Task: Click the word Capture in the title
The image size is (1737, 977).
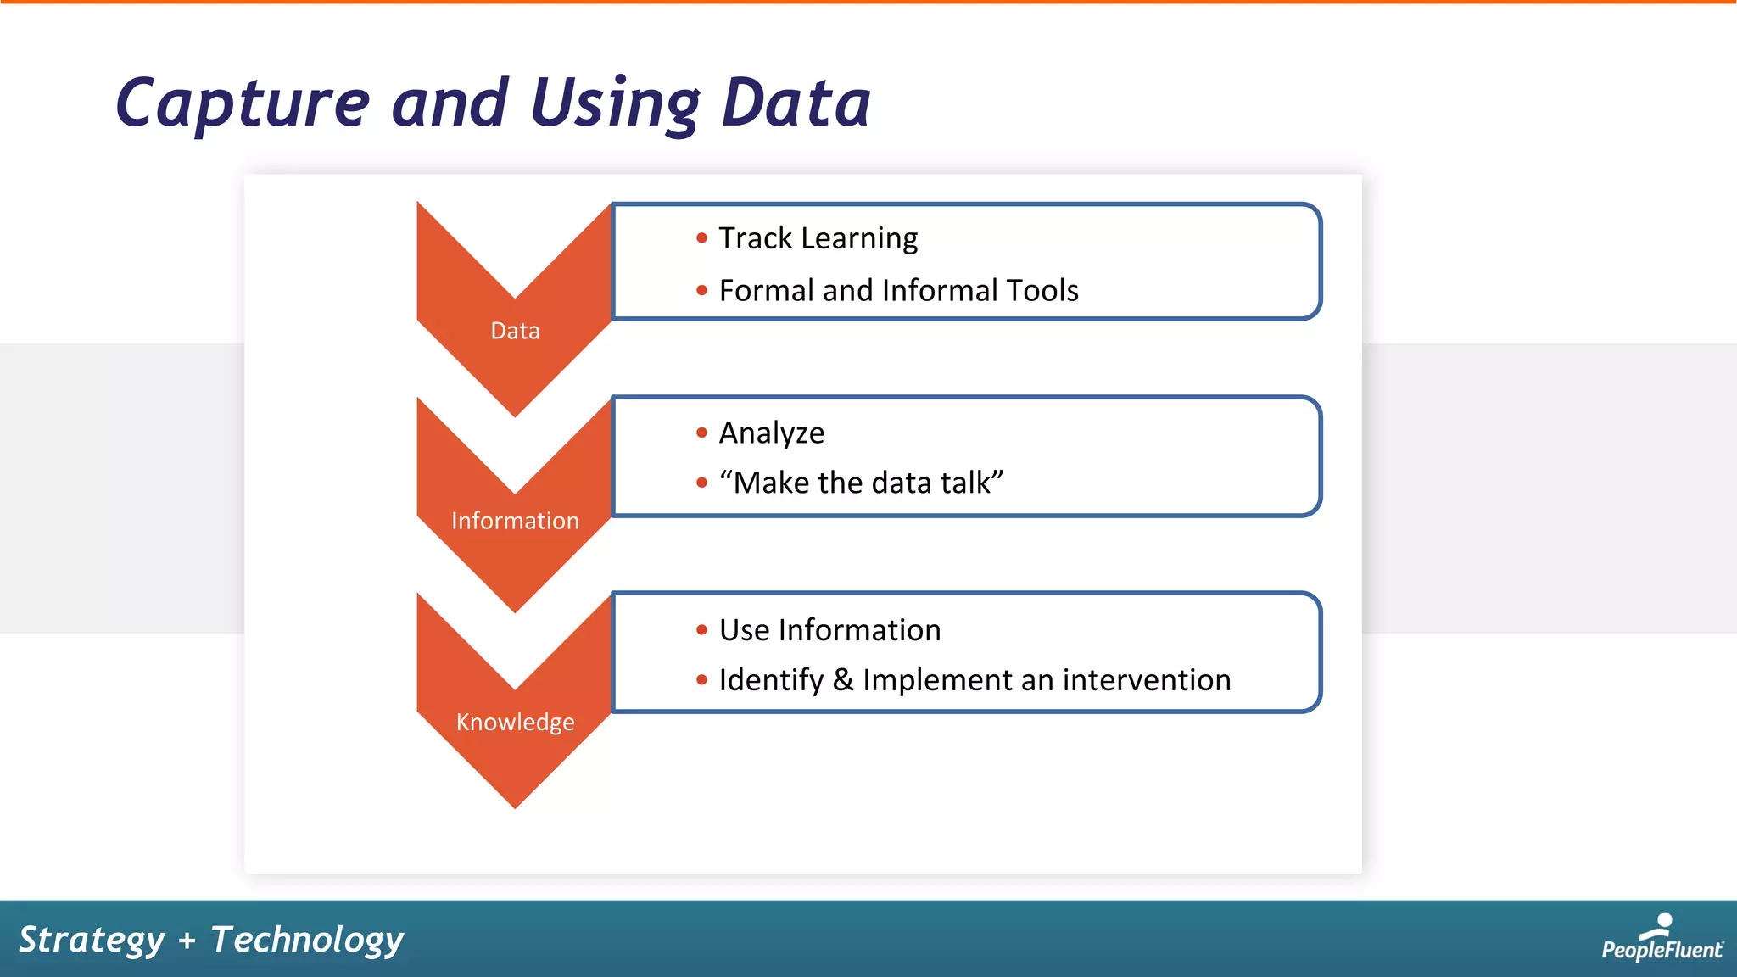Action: tap(243, 103)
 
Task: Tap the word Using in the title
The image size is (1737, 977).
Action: tap(616, 103)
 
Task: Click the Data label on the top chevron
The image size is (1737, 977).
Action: tap(515, 331)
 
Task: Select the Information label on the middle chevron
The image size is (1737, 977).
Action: tap(515, 521)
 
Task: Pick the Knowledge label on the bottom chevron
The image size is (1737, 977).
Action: tap(515, 722)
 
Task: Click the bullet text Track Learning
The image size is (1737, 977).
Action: tap(818, 238)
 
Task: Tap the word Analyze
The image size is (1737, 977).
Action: tap(771, 433)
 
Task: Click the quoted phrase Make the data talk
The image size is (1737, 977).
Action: tap(861, 483)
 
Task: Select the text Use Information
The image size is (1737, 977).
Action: tap(829, 630)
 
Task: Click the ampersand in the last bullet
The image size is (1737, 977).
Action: tap(842, 680)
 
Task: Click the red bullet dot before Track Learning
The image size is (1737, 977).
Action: tap(701, 238)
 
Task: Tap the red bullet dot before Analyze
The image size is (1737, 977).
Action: tap(701, 433)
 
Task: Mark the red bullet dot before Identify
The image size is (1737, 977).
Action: tap(701, 680)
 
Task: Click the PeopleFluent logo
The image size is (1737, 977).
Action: tap(1662, 938)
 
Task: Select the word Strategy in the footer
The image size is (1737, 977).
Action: tap(92, 940)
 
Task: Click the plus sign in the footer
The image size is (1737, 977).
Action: tap(187, 941)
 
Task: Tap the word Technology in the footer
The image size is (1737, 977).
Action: tap(307, 940)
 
